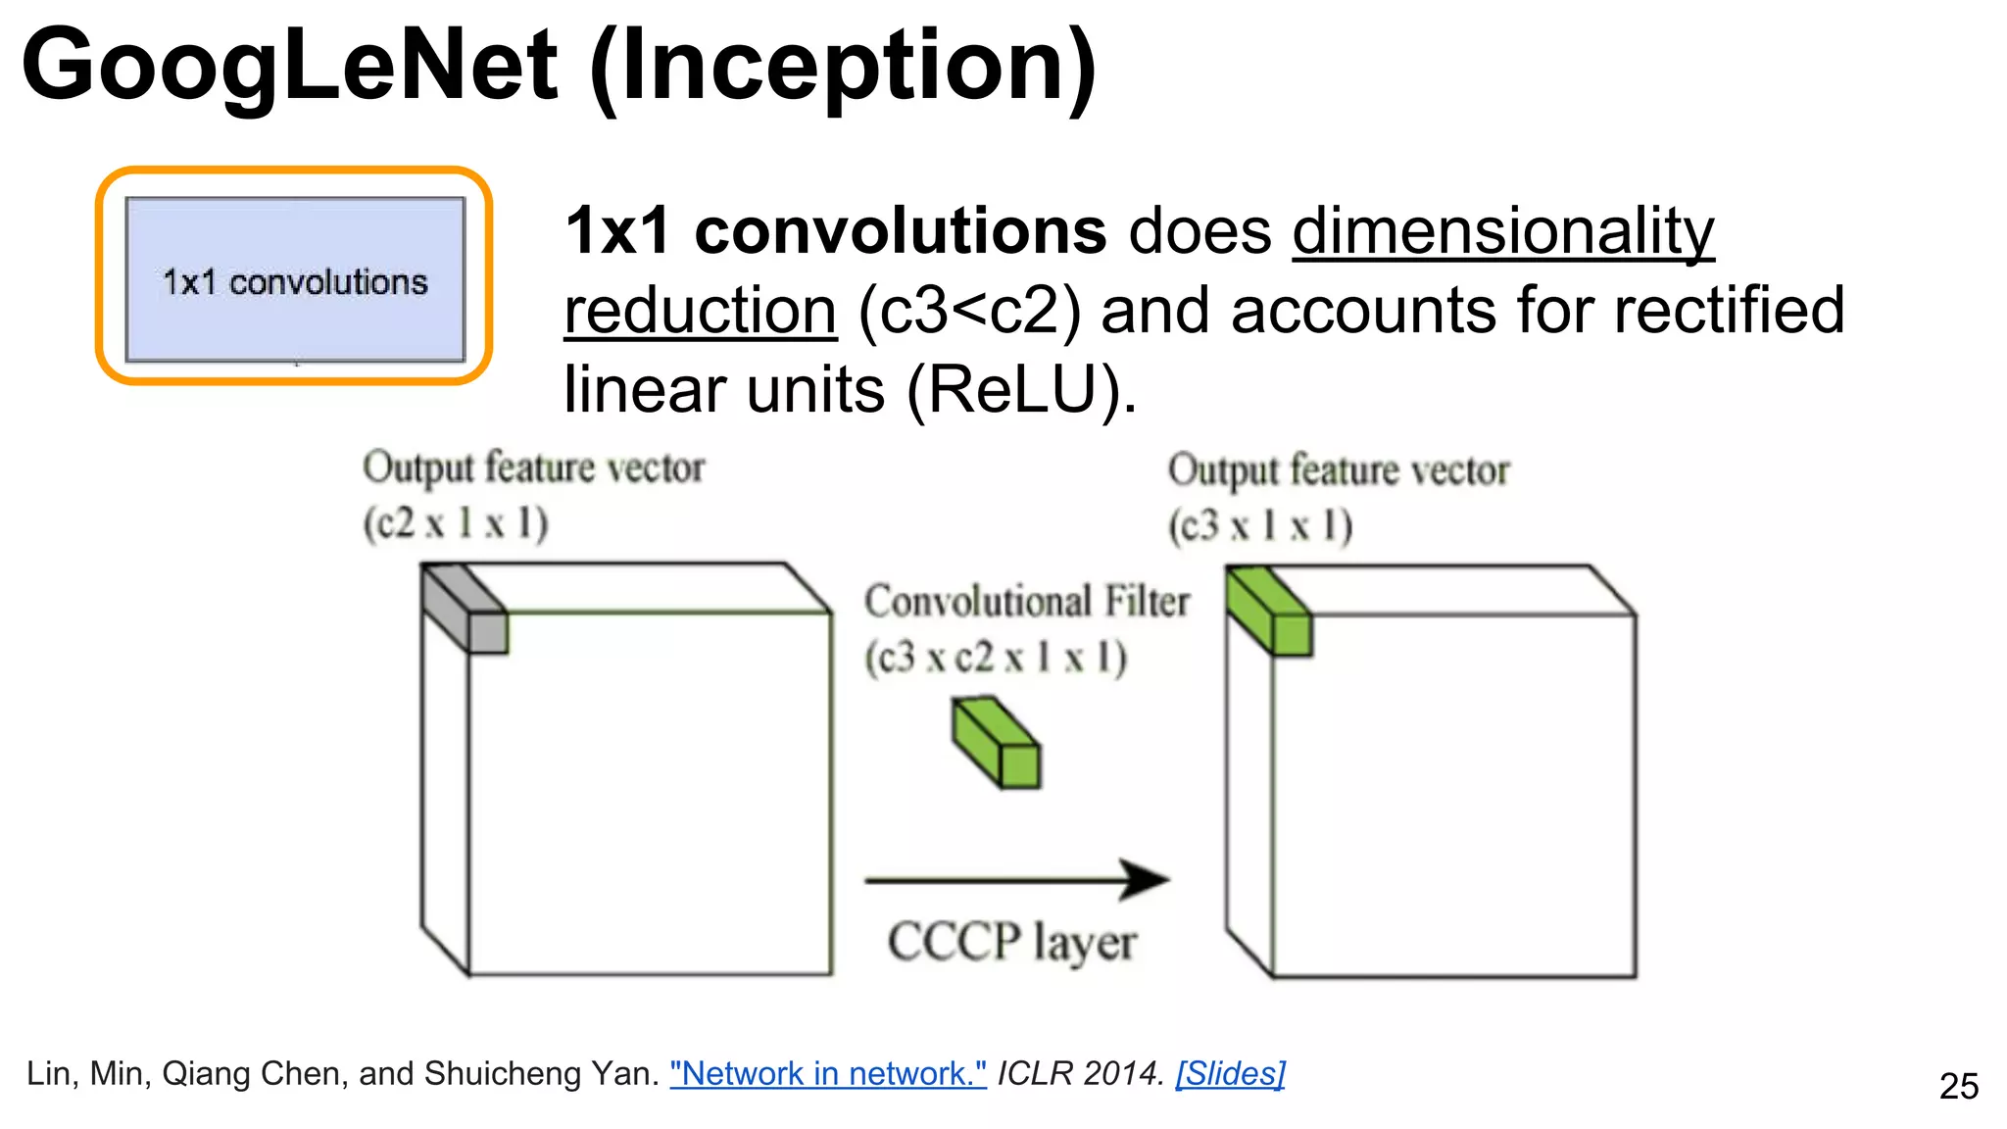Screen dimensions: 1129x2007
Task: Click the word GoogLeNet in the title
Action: coord(290,67)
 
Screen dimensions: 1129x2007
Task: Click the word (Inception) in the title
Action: coord(843,67)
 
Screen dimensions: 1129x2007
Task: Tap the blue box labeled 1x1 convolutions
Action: coord(295,280)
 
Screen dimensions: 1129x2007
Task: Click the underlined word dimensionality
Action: coord(1502,232)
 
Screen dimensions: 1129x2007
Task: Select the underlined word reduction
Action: coord(700,312)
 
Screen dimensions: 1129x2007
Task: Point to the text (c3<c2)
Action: coord(969,312)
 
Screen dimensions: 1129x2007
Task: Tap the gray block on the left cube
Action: coord(465,609)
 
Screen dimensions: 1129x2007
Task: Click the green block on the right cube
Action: coord(1269,612)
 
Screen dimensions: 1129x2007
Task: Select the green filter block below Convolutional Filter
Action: coord(996,742)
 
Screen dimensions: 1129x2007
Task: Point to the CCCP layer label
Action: coord(1011,943)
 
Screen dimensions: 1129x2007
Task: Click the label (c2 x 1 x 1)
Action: coord(456,522)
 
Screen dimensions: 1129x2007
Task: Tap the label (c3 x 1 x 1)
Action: coord(1259,526)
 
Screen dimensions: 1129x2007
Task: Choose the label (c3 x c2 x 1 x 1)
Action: coord(995,658)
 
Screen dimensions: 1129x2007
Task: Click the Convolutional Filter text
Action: coord(1026,601)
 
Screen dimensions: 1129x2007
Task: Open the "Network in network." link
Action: coord(827,1074)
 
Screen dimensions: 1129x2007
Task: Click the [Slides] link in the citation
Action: coord(1230,1074)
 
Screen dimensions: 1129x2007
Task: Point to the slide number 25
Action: coord(1958,1086)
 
